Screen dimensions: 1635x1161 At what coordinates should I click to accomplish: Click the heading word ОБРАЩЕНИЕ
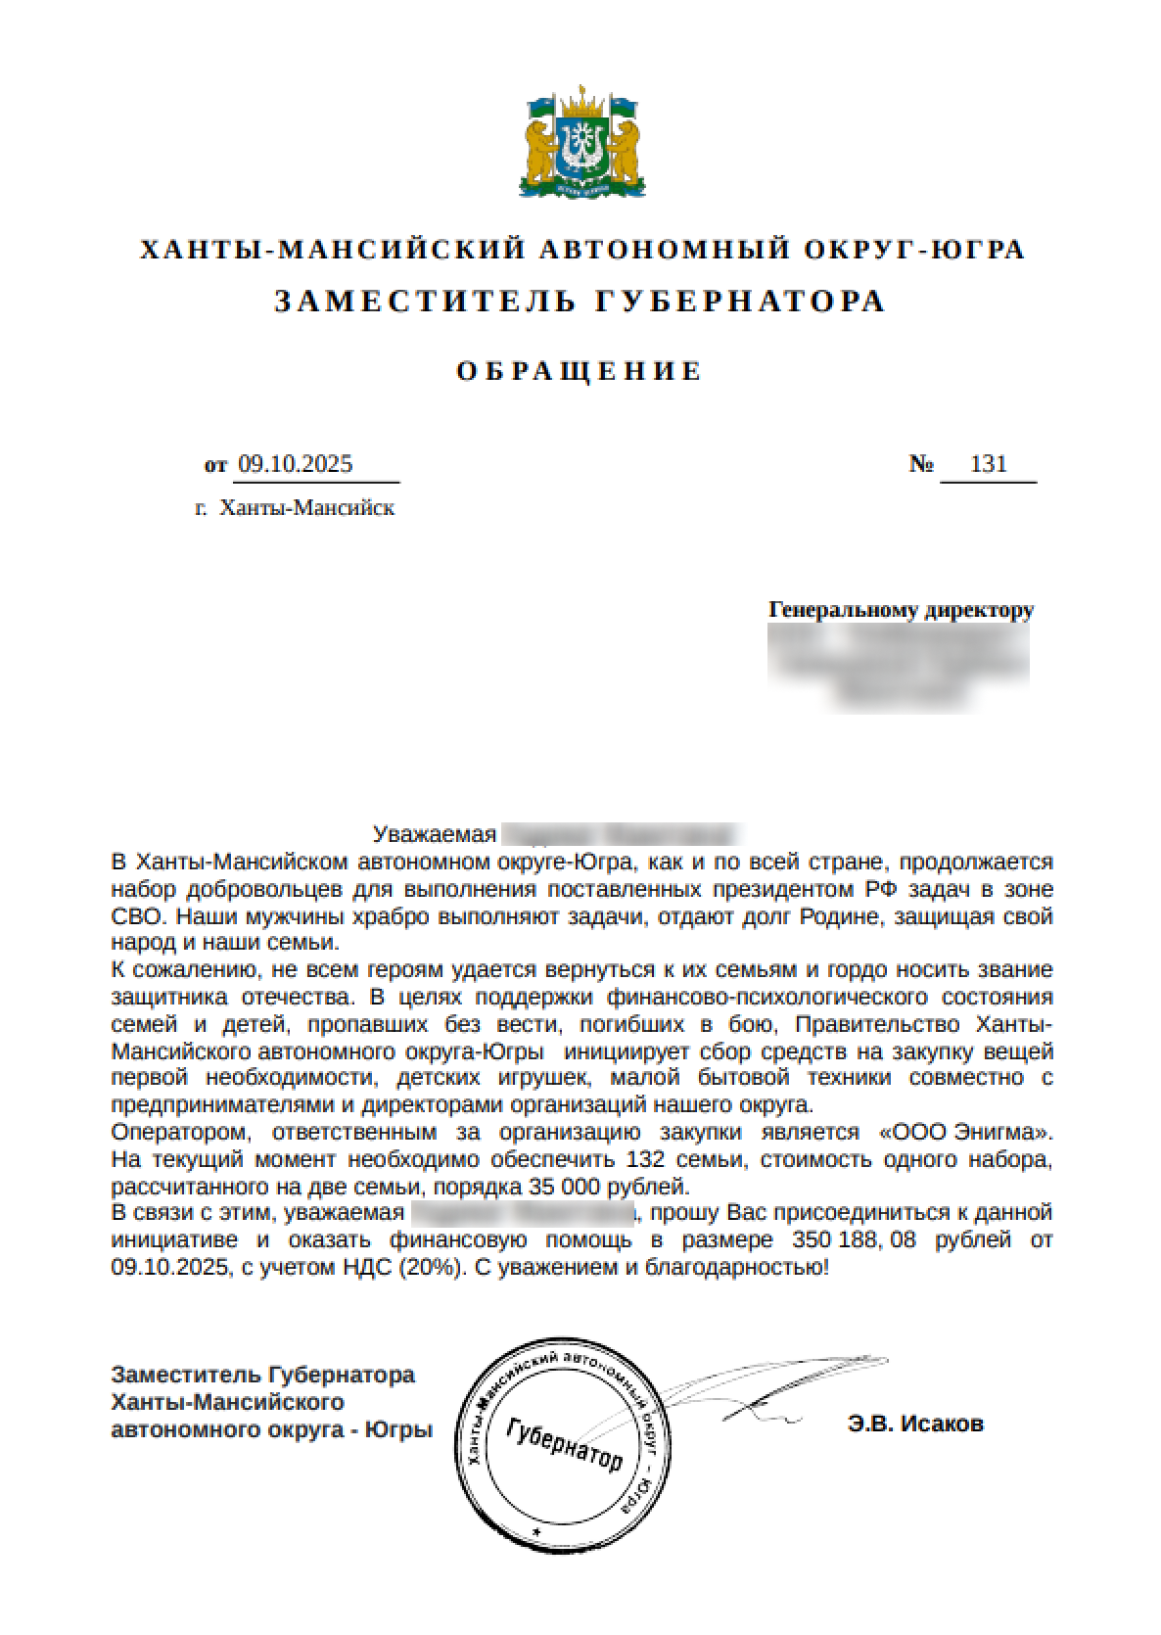click(x=580, y=371)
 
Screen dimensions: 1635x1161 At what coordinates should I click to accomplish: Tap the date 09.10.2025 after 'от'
click(x=295, y=464)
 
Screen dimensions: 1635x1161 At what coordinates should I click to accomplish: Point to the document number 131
click(x=988, y=464)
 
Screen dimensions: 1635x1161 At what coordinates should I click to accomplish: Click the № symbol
click(x=921, y=464)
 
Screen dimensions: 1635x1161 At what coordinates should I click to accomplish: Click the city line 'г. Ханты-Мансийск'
click(x=295, y=508)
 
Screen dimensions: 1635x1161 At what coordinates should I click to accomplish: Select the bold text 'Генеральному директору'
click(x=901, y=610)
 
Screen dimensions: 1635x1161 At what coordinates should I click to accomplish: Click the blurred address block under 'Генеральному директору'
click(x=901, y=666)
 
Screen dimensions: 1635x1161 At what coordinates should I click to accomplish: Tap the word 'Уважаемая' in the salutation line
click(x=435, y=834)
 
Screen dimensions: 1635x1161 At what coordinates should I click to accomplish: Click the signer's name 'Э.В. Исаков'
click(x=915, y=1424)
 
